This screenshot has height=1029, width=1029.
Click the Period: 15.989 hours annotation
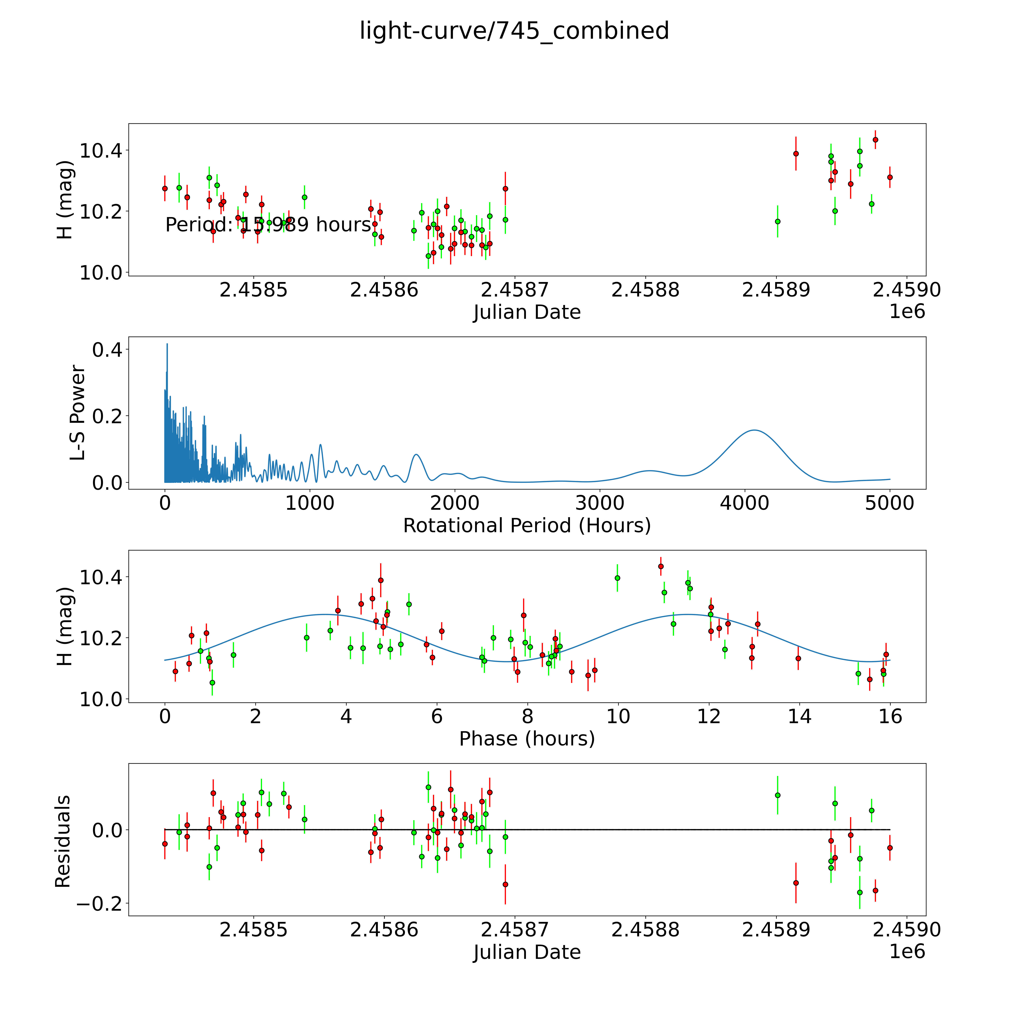[x=268, y=225]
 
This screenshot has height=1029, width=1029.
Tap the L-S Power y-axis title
[x=78, y=413]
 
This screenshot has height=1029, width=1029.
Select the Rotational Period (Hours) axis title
[x=527, y=526]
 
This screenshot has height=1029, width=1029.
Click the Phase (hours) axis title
[x=527, y=739]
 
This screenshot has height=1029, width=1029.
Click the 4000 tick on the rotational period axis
[x=745, y=503]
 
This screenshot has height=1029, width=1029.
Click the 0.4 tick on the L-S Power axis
[x=107, y=350]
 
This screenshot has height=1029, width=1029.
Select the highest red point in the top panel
[x=875, y=139]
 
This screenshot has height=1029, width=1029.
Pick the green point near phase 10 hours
[x=617, y=578]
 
